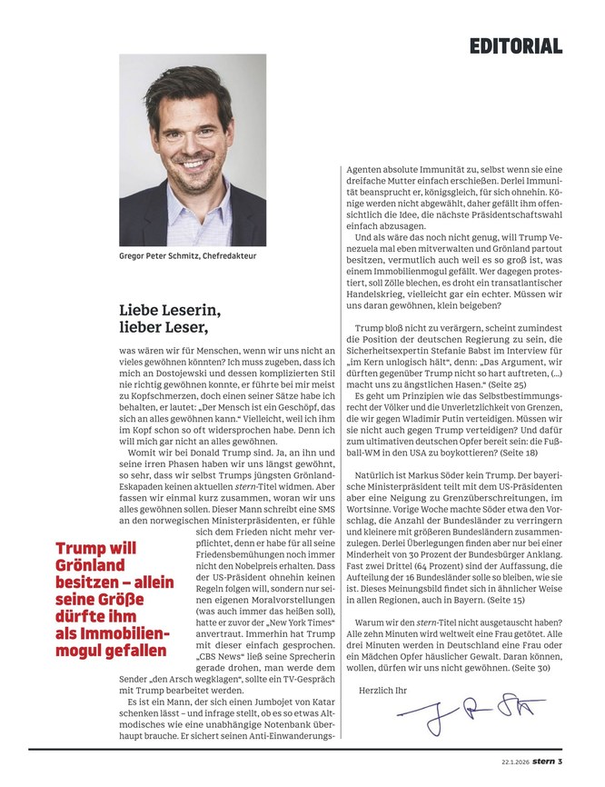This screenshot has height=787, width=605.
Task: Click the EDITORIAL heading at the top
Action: (x=515, y=45)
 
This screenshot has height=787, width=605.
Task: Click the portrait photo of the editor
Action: (x=193, y=150)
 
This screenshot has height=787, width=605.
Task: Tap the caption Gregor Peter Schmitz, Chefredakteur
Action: (x=188, y=256)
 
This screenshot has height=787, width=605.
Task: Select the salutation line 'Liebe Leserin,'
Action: (x=173, y=311)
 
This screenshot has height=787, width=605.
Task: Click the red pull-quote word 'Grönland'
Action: (x=91, y=565)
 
